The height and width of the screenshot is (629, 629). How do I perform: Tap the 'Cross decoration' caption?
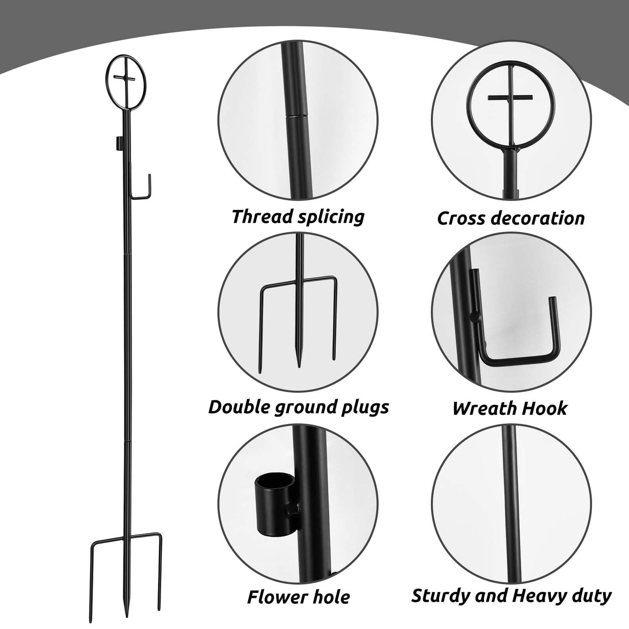pyautogui.click(x=511, y=218)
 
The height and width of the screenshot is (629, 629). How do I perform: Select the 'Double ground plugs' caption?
pyautogui.click(x=298, y=407)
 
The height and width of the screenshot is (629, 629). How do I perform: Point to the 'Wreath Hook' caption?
pyautogui.click(x=510, y=408)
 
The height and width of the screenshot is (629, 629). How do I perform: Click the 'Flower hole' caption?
pyautogui.click(x=298, y=596)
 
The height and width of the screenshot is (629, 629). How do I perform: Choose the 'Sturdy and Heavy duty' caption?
pyautogui.click(x=511, y=595)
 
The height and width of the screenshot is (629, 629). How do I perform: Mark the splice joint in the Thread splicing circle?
pyautogui.click(x=293, y=116)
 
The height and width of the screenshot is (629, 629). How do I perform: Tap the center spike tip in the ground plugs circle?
pyautogui.click(x=299, y=365)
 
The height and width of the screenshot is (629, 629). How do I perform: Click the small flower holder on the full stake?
pyautogui.click(x=118, y=142)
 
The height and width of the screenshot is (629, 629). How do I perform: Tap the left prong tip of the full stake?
pyautogui.click(x=93, y=609)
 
